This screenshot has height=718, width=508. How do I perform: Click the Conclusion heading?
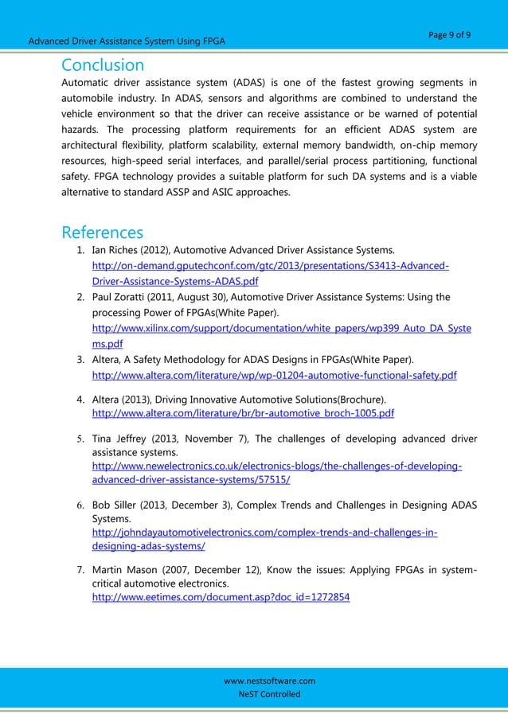point(103,64)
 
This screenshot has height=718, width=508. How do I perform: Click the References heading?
point(102,232)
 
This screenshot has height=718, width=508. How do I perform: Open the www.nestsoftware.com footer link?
point(269,681)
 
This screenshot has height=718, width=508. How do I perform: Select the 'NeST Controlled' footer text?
point(269,694)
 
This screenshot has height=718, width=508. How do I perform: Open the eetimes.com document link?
point(221,596)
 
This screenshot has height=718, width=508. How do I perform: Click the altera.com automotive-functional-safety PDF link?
point(275,375)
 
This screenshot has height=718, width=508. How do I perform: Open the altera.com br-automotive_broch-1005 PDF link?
point(243,414)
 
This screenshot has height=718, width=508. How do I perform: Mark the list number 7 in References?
point(80,571)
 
